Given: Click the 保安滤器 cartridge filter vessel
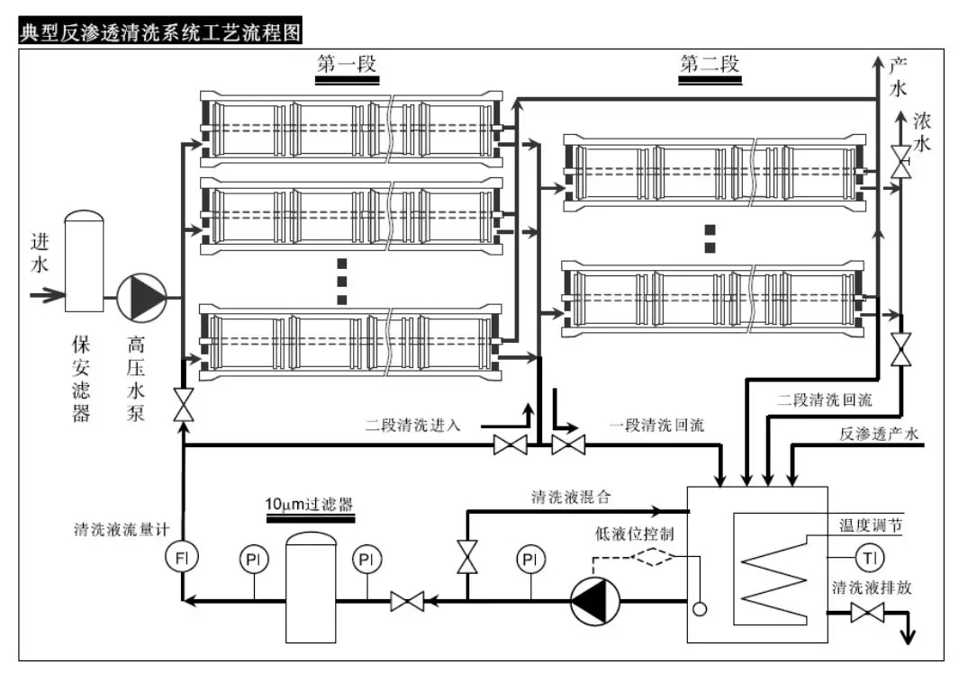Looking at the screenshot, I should pos(85,261).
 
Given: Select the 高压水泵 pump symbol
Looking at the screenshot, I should pos(142,298).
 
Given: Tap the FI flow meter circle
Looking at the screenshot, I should pos(183,559).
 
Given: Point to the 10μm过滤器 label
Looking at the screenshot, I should pos(308,504).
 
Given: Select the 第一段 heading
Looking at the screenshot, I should pos(346,65).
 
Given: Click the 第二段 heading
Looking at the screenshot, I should pos(710,65).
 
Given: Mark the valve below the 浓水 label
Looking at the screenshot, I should pos(900,161).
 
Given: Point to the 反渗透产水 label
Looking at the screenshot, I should pos(878,435).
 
